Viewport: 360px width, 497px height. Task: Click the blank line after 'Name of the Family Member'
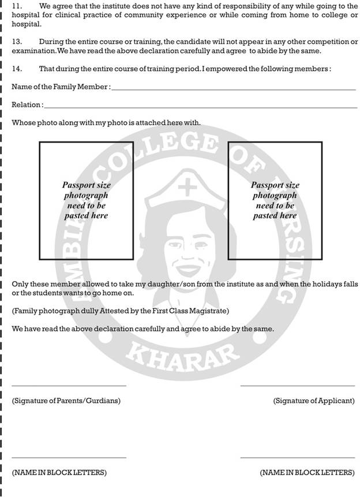pyautogui.click(x=233, y=89)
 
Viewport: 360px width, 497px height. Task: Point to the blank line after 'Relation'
pyautogui.click(x=200, y=107)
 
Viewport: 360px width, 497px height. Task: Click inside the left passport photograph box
pyautogui.click(x=86, y=200)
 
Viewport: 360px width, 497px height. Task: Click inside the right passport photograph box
pyautogui.click(x=275, y=200)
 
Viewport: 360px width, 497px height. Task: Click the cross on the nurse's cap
pyautogui.click(x=186, y=188)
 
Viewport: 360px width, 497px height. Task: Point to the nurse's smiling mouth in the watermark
pyautogui.click(x=185, y=269)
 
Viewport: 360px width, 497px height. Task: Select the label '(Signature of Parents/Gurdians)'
pyautogui.click(x=66, y=401)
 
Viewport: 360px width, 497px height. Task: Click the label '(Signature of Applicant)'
pyautogui.click(x=314, y=401)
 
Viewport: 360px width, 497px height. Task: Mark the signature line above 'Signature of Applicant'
pyautogui.click(x=297, y=386)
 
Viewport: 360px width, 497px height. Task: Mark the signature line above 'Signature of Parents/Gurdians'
pyautogui.click(x=69, y=386)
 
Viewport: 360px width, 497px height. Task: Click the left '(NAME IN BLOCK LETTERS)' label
pyautogui.click(x=59, y=473)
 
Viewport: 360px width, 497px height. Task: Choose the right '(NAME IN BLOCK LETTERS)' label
pyautogui.click(x=307, y=473)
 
